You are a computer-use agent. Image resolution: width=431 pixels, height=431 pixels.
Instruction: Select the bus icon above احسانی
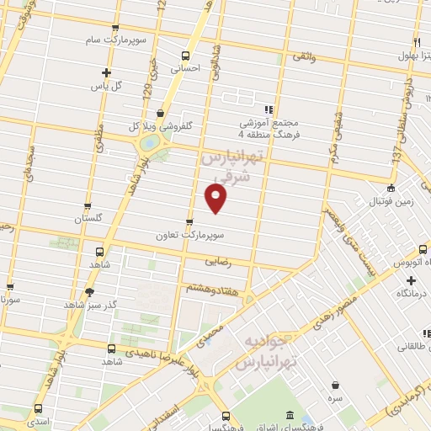click(x=185, y=56)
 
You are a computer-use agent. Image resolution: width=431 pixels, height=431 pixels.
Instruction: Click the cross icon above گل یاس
click(x=106, y=73)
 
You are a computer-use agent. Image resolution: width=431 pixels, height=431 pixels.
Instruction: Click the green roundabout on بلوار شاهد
click(x=149, y=143)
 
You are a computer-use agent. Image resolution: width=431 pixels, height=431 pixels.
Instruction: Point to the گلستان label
click(x=88, y=218)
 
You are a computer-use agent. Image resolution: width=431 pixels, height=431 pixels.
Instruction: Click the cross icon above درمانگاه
click(x=412, y=279)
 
